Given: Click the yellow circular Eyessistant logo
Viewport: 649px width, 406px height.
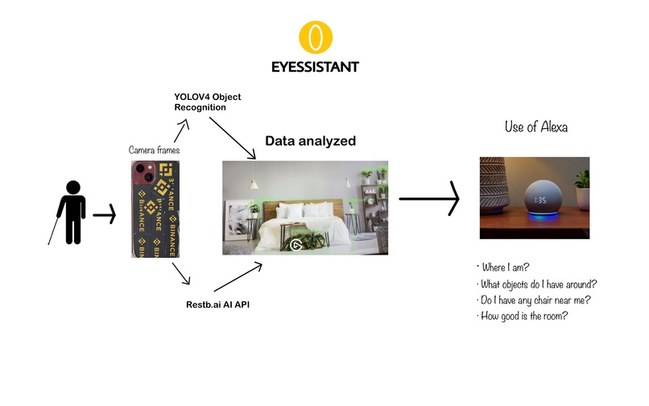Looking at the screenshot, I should click(x=315, y=37).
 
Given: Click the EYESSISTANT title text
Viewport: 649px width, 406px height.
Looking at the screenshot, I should click(x=315, y=66).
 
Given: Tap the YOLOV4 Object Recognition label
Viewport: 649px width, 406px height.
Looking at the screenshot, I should click(x=207, y=101).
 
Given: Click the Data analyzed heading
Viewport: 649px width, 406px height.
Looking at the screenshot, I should click(x=311, y=141).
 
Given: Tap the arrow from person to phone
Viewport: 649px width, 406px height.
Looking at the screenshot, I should click(x=105, y=215).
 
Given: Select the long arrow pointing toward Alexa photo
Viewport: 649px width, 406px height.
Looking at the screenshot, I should click(x=428, y=197).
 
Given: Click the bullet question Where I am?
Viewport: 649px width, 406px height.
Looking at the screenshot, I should click(x=505, y=267).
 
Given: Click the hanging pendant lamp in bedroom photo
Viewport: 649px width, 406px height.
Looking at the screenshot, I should click(x=253, y=182).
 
